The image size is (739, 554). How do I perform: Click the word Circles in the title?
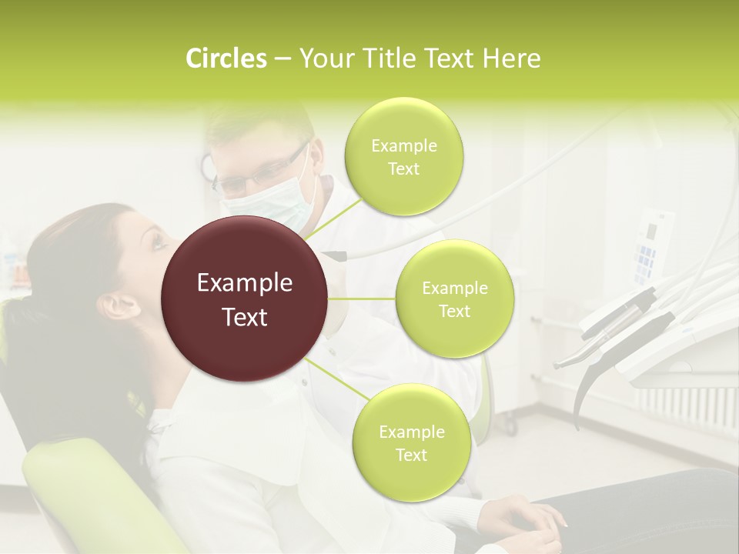click(226, 58)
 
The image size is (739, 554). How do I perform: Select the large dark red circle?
click(245, 299)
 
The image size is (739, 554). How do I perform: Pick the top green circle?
click(403, 157)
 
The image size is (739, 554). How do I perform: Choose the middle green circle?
click(454, 299)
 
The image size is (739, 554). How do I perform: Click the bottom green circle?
click(410, 442)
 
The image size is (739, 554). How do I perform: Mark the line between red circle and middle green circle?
click(362, 299)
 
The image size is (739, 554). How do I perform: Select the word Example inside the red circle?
click(245, 283)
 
